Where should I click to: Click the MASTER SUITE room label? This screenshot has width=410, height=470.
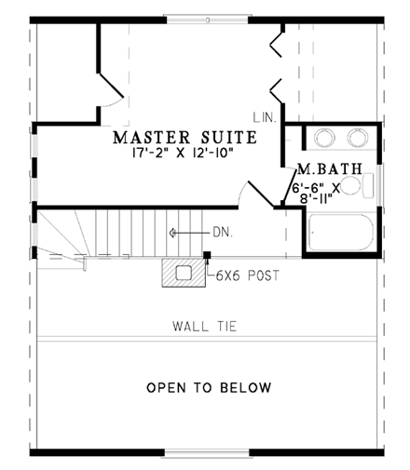(184, 139)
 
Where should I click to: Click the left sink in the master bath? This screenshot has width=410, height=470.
(324, 138)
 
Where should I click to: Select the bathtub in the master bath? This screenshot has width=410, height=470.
(340, 232)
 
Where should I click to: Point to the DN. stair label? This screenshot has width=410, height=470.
(223, 232)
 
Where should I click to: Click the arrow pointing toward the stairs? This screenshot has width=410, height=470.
(186, 232)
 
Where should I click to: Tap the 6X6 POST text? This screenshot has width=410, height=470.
(246, 275)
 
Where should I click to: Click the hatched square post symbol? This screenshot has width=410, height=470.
(184, 274)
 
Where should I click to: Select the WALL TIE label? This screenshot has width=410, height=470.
(205, 326)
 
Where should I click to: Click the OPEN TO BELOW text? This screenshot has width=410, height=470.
(210, 387)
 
